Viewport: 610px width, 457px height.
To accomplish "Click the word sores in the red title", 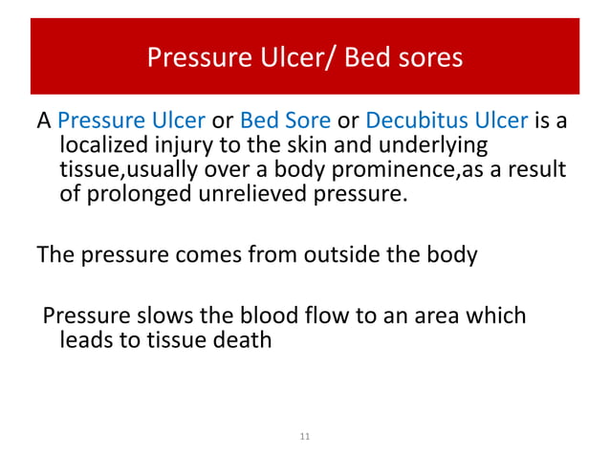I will (x=427, y=58).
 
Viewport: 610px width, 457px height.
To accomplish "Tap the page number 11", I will (x=305, y=437).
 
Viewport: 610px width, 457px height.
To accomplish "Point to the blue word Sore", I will (x=307, y=121).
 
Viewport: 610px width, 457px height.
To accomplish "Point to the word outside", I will (x=342, y=255).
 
